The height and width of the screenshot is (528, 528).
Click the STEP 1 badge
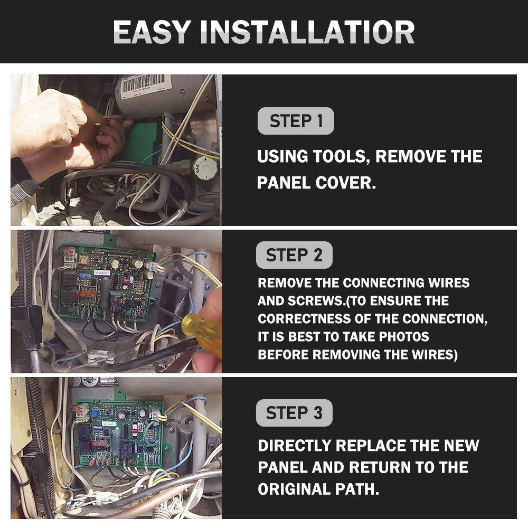click(x=296, y=121)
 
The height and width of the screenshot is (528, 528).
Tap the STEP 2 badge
click(x=294, y=255)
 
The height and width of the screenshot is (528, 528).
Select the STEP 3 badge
click(x=294, y=412)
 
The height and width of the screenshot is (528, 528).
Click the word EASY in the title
click(x=152, y=32)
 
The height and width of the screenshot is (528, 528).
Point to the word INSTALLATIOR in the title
click(x=307, y=32)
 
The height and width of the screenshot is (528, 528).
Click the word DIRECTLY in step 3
click(x=294, y=446)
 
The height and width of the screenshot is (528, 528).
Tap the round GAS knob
click(x=205, y=167)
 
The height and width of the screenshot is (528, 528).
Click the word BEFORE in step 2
click(x=284, y=355)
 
